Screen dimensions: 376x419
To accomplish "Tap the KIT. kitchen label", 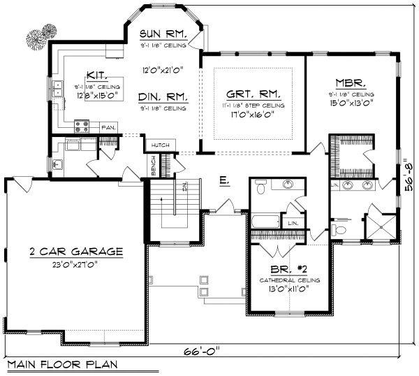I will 96,75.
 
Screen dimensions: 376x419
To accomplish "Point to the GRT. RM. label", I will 253,94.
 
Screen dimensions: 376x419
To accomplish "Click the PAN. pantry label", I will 108,128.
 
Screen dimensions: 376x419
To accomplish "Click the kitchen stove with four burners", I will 81,126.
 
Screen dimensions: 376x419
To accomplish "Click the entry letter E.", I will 223,180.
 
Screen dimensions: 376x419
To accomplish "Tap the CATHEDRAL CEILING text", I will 289,280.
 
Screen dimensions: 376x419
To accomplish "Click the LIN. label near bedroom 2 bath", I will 294,222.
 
